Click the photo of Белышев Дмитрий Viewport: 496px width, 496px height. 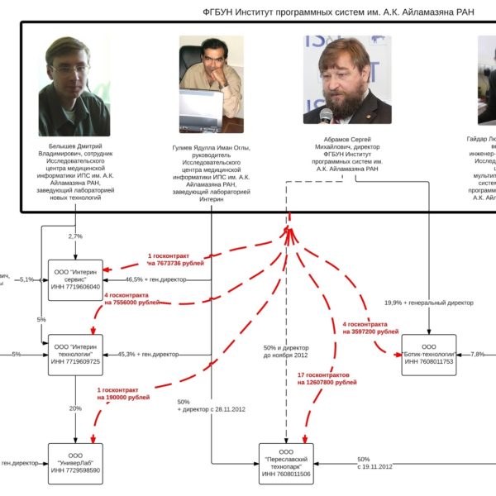point(74,86)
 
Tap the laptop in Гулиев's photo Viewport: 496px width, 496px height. point(207,112)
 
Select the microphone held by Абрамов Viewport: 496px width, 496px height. point(327,116)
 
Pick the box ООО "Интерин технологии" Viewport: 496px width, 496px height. point(75,355)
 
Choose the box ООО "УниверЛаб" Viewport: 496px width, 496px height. point(75,464)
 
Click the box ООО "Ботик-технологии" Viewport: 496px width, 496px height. point(428,355)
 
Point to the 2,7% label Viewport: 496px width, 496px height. point(75,236)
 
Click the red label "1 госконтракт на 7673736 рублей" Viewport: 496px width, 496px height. point(174,259)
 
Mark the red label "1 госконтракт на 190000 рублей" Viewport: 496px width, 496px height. point(123,393)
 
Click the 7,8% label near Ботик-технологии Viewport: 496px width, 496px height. point(478,354)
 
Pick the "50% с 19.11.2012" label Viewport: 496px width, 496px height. point(374,463)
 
